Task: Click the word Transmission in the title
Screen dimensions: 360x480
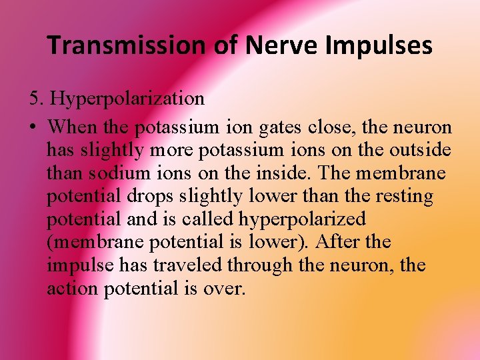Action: click(127, 45)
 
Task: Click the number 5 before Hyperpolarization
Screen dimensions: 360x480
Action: click(34, 99)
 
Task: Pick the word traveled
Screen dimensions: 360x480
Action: click(189, 265)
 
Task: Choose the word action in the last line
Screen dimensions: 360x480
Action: click(73, 289)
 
